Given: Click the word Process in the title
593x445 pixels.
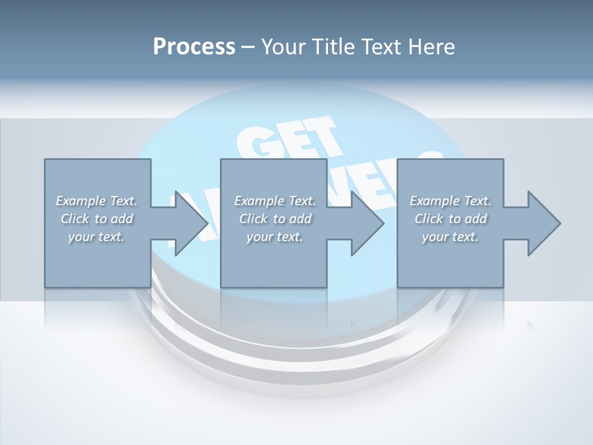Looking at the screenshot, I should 194,47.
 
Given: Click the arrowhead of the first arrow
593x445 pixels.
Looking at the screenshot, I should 191,223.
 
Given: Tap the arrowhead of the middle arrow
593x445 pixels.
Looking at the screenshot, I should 368,223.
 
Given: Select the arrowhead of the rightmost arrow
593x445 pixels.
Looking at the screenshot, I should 544,223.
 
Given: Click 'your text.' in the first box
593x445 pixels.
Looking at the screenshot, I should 96,237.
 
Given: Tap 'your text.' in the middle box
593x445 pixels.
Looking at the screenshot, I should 275,237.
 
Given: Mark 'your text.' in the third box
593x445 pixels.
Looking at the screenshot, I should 450,237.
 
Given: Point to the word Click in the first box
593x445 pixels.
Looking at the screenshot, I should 75,219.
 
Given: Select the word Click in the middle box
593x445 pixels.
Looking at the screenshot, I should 253,219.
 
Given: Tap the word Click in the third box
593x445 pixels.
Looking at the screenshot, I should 429,219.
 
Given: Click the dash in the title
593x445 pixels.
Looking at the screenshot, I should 248,47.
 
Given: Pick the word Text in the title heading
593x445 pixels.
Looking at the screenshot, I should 380,47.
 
